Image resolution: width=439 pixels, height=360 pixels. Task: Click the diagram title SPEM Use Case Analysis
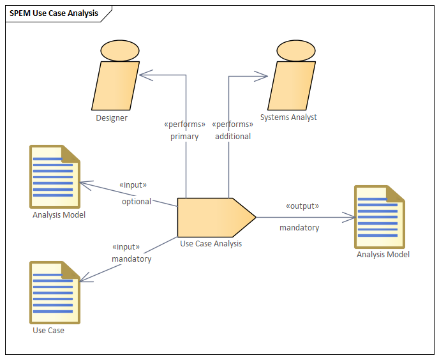pos(54,13)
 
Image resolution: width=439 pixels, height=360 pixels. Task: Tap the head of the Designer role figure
pos(115,50)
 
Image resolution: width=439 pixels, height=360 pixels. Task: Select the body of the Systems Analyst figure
pos(291,86)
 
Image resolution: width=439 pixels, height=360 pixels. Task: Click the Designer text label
pos(112,117)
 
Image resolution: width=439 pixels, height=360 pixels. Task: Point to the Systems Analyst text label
pos(288,117)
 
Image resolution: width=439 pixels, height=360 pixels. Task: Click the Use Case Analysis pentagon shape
pos(214,218)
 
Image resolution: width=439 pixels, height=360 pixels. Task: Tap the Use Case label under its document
pos(48,330)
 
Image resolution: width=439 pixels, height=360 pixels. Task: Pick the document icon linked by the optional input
pos(55,176)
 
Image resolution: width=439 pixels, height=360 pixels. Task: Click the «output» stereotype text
pos(302,206)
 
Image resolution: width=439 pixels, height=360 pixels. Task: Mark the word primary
pos(184,136)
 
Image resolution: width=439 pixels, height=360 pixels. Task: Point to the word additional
pos(232,136)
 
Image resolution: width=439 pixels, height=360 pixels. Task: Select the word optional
pos(137,202)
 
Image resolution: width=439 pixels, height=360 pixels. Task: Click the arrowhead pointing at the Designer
pos(144,75)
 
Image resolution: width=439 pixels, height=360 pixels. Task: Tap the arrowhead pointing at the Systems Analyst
pos(262,76)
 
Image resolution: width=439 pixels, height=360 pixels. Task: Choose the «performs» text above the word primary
pos(184,124)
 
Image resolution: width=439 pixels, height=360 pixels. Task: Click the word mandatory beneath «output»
pos(299,227)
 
